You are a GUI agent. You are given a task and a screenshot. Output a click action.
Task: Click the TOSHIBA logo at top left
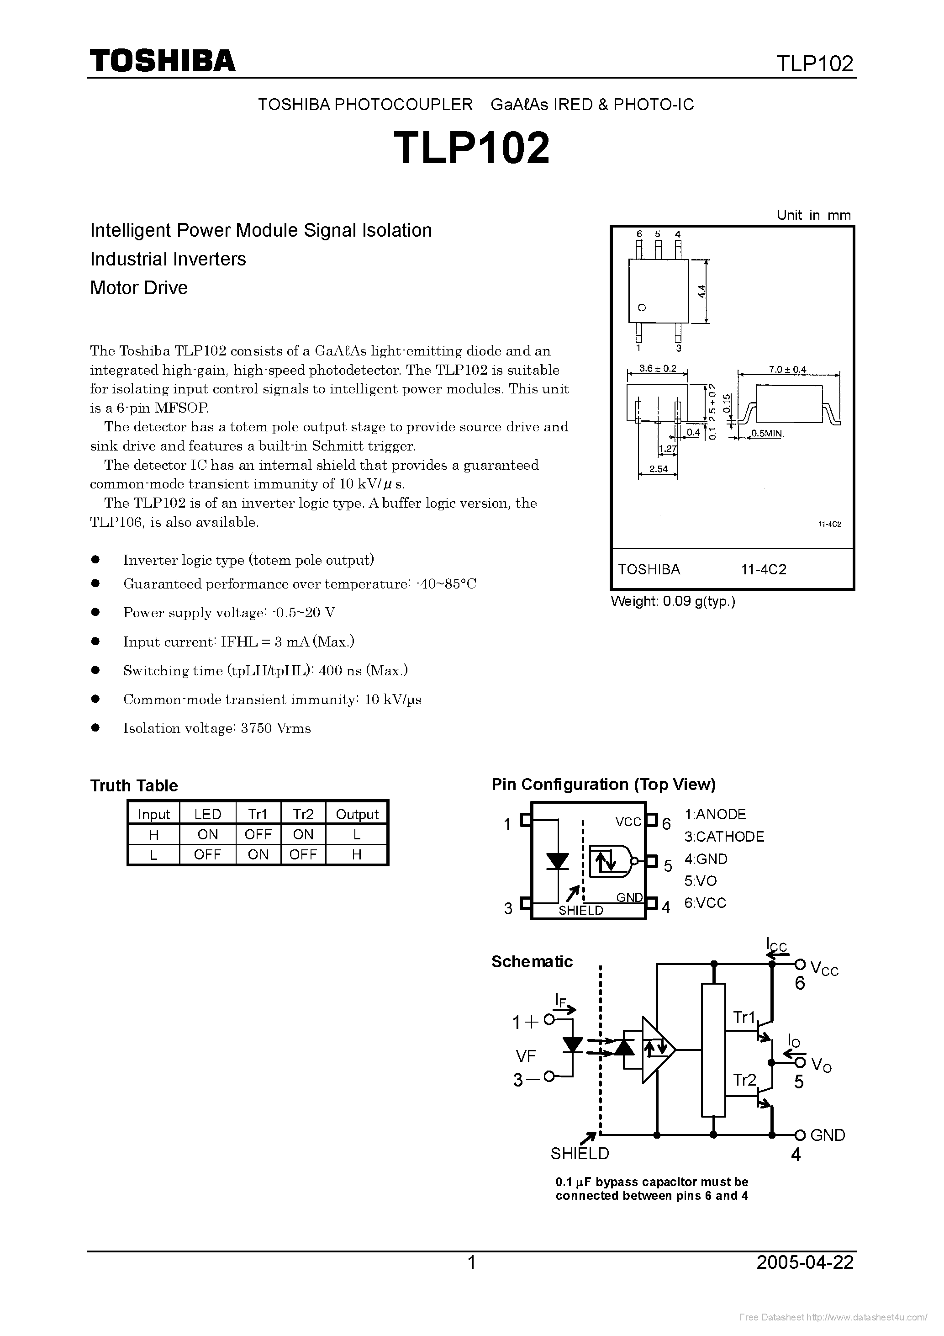pyautogui.click(x=162, y=60)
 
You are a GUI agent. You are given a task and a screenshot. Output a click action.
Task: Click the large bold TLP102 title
pyautogui.click(x=471, y=148)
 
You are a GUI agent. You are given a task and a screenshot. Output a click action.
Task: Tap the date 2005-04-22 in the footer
pyautogui.click(x=805, y=1262)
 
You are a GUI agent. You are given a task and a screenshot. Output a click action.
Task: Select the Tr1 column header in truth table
pyautogui.click(x=258, y=814)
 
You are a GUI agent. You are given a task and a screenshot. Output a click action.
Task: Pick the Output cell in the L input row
pyautogui.click(x=357, y=854)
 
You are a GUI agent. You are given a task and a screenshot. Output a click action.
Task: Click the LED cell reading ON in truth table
pyautogui.click(x=208, y=834)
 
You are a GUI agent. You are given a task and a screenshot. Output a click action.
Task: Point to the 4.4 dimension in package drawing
pyautogui.click(x=701, y=291)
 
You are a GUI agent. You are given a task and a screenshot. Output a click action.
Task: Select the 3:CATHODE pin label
pyautogui.click(x=724, y=836)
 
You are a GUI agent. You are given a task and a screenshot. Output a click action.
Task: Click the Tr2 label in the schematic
pyautogui.click(x=744, y=1080)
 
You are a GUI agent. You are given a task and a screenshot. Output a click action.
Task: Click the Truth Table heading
pyautogui.click(x=134, y=785)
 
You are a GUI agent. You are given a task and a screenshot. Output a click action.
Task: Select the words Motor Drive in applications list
pyautogui.click(x=139, y=287)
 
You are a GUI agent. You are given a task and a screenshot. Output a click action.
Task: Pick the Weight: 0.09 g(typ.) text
pyautogui.click(x=673, y=602)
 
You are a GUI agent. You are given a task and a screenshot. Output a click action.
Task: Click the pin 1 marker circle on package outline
pyautogui.click(x=642, y=308)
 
